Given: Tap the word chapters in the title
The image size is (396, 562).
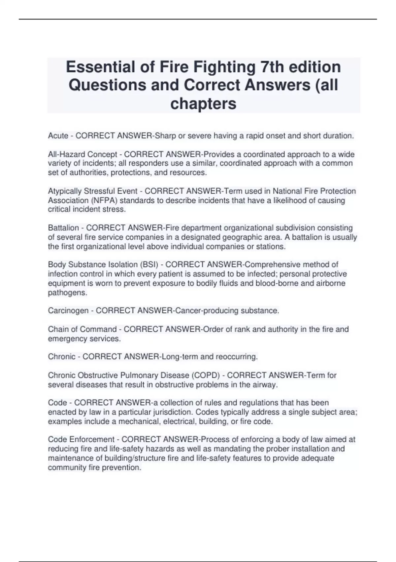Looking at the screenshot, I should click(203, 103).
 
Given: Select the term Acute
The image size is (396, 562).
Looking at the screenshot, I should click(58, 136).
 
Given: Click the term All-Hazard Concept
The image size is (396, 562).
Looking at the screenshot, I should click(82, 154).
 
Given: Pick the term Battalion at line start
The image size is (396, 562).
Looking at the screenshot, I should click(63, 228).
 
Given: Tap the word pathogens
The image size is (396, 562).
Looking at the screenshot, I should click(67, 293).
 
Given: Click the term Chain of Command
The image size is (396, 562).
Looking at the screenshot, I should click(82, 329).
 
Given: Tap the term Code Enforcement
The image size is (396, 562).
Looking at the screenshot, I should click(81, 440).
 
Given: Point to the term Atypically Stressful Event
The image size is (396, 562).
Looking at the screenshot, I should click(93, 191).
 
